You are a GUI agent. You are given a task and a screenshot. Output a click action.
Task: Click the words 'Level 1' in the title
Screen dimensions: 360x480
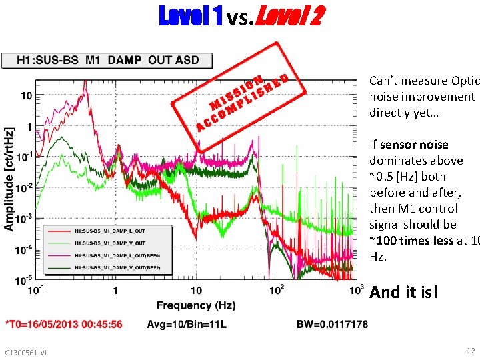[x=190, y=17]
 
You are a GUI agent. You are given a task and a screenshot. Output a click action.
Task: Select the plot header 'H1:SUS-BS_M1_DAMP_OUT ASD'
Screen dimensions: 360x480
[x=107, y=60]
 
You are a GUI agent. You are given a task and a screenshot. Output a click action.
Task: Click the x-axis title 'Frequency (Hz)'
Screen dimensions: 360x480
[x=195, y=305]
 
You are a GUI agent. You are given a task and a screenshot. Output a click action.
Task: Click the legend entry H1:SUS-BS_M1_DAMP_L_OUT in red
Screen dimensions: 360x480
[x=111, y=231]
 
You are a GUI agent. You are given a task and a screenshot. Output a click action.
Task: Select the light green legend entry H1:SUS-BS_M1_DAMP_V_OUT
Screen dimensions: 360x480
[x=111, y=243]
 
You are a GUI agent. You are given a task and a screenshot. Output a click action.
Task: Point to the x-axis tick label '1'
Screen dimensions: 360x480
[x=115, y=291]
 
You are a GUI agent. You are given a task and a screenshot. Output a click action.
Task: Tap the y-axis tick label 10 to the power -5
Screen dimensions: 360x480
[x=24, y=278]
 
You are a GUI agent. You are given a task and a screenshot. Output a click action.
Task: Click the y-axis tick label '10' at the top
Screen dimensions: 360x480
[x=25, y=95]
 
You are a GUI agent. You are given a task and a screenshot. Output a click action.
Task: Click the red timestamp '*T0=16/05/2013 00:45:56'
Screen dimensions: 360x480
[x=63, y=325]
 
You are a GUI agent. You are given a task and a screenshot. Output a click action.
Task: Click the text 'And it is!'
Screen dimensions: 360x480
[x=404, y=292]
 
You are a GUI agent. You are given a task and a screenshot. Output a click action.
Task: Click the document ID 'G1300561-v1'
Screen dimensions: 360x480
[x=25, y=352]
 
